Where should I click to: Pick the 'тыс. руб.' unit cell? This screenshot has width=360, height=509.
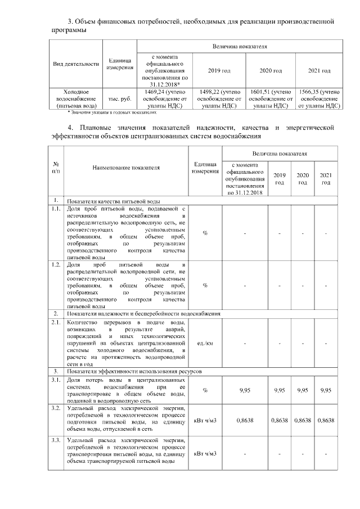click(x=120, y=98)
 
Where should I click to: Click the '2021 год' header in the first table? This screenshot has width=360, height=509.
click(x=319, y=71)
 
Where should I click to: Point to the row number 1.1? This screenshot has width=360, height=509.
click(x=56, y=209)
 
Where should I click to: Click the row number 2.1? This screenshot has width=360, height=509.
click(x=56, y=322)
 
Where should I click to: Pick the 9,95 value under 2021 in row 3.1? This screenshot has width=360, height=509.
click(x=325, y=390)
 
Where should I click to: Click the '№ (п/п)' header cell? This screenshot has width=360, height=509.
click(x=56, y=167)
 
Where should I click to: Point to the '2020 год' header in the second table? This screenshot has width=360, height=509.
click(x=303, y=178)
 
